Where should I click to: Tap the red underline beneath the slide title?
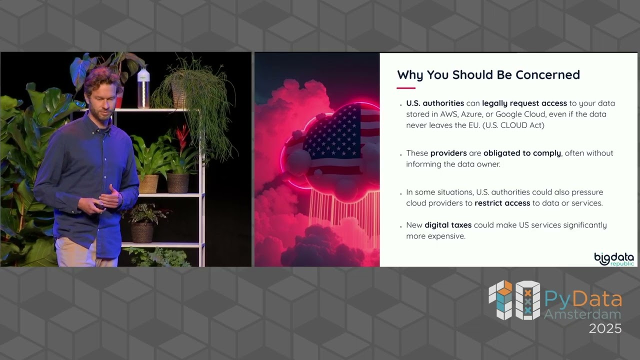(406, 88)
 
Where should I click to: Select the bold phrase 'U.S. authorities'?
(435, 103)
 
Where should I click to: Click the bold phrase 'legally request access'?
(524, 103)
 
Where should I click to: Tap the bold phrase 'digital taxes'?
(448, 225)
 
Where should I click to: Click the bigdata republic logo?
(614, 259)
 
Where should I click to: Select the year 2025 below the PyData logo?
(605, 328)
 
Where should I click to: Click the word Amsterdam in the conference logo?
(582, 314)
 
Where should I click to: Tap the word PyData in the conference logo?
(583, 299)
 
